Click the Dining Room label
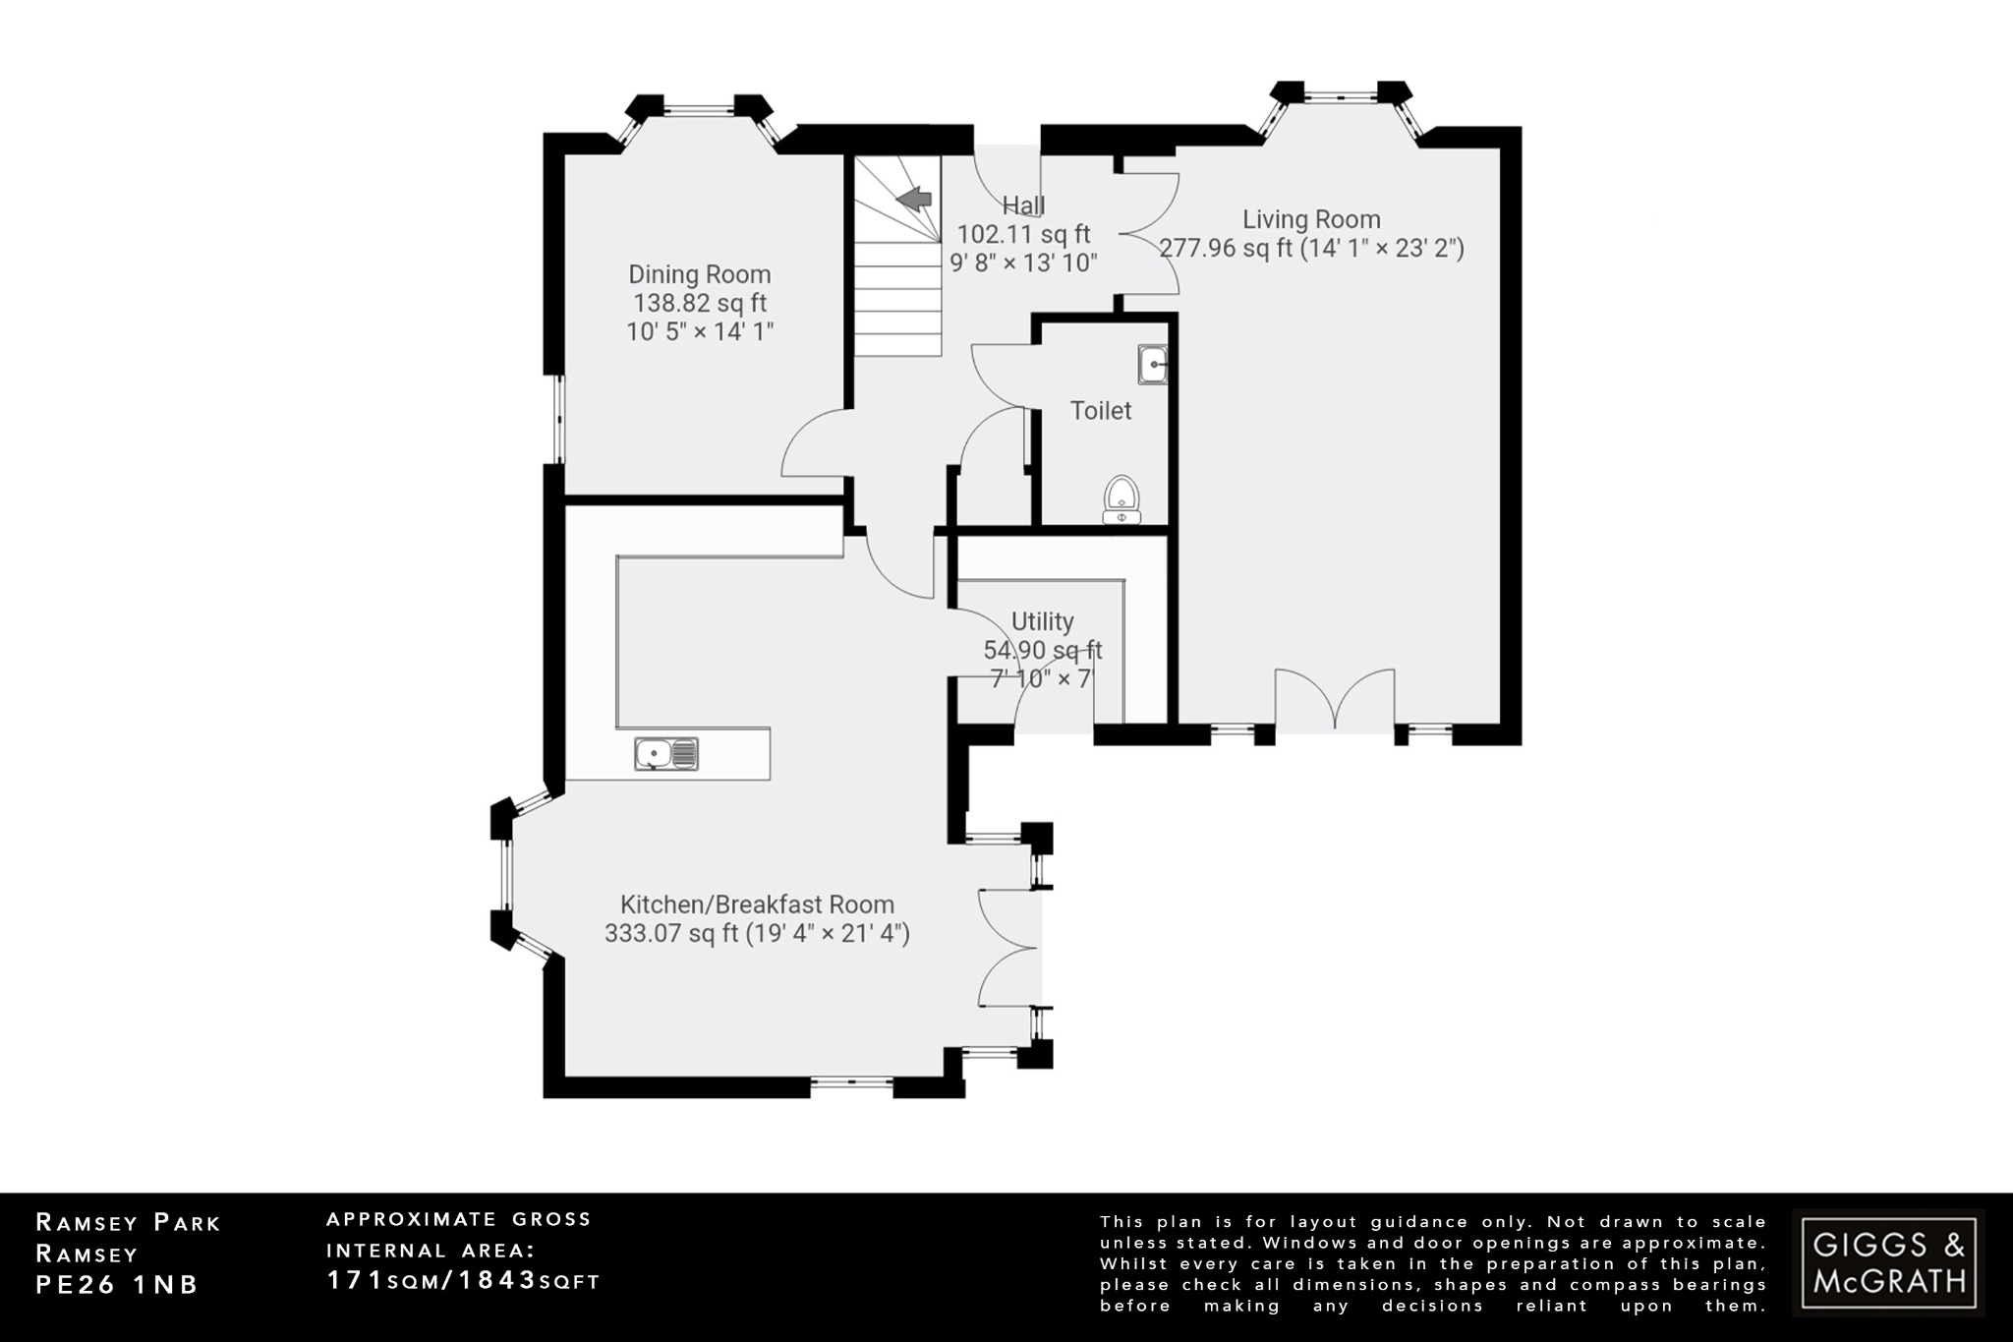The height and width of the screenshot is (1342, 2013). pyautogui.click(x=699, y=274)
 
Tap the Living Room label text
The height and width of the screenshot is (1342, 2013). pyautogui.click(x=1310, y=219)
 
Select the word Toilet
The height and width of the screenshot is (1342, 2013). pyautogui.click(x=1100, y=411)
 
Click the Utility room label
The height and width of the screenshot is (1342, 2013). pyautogui.click(x=1042, y=621)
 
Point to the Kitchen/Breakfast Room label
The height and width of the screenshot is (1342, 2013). pyautogui.click(x=757, y=904)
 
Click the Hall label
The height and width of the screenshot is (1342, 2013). pyautogui.click(x=1023, y=205)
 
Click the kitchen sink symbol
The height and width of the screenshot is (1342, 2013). pyautogui.click(x=666, y=754)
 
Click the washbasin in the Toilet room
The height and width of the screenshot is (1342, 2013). pyautogui.click(x=1152, y=364)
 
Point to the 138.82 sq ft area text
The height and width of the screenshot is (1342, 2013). pyautogui.click(x=699, y=303)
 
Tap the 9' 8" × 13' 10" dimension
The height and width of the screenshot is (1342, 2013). pyautogui.click(x=1023, y=263)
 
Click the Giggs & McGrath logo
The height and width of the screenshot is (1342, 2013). pyautogui.click(x=1888, y=1262)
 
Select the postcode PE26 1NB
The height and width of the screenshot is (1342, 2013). pyautogui.click(x=117, y=1285)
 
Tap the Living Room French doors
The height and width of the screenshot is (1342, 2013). pyautogui.click(x=1334, y=701)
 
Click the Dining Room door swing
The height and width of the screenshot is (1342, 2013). pyautogui.click(x=811, y=447)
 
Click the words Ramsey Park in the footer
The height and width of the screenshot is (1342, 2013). pyautogui.click(x=129, y=1223)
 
